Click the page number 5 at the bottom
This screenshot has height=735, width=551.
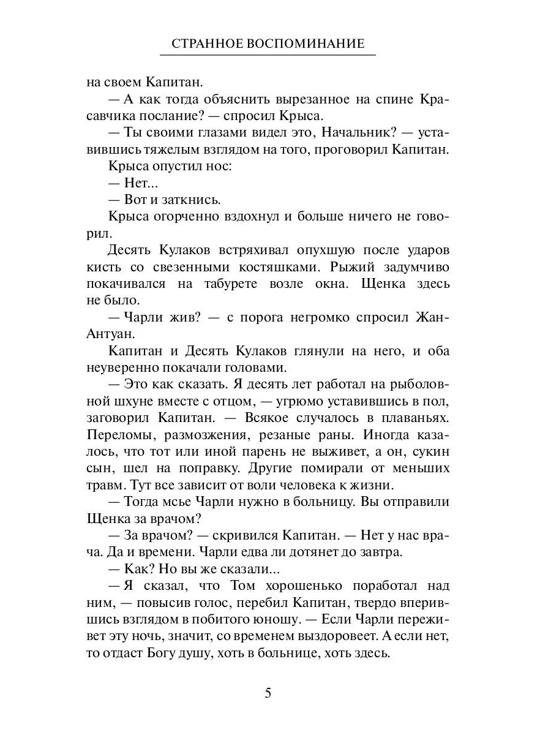[268, 693]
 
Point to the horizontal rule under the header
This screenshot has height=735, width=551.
[268, 55]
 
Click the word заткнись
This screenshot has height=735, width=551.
[182, 200]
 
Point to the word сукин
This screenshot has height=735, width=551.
[432, 452]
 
